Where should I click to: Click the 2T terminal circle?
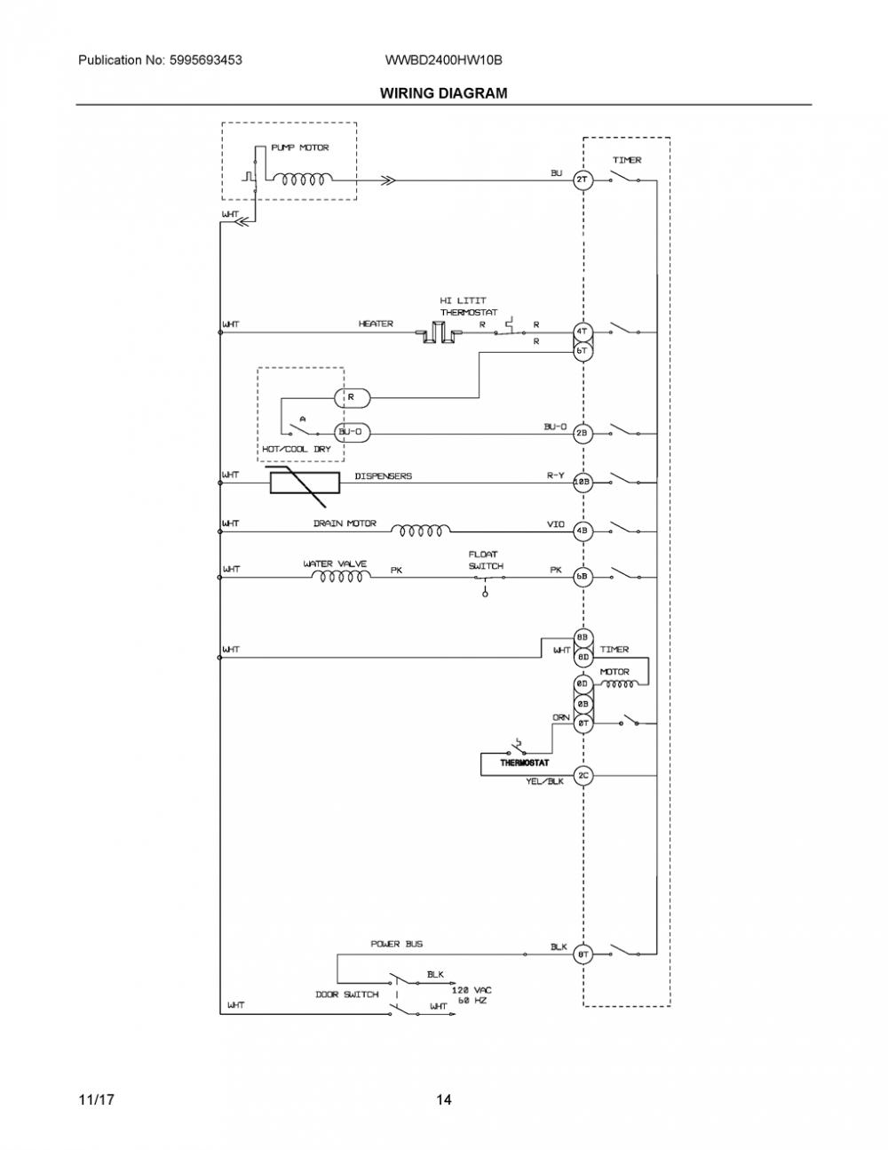tap(582, 180)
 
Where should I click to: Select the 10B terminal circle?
tap(582, 482)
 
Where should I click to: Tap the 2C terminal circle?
tap(583, 776)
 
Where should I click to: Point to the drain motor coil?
tap(421, 531)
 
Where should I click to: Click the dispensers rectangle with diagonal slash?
tap(305, 483)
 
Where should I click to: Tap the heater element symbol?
tap(439, 333)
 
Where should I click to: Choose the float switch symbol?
tap(486, 582)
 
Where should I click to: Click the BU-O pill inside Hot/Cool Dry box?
tap(352, 433)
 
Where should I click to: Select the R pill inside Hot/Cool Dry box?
tap(352, 397)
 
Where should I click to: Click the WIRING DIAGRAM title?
tap(443, 93)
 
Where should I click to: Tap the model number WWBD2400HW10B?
tap(443, 60)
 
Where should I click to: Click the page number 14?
tap(444, 1099)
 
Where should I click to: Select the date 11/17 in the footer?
tap(96, 1099)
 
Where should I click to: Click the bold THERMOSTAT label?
tap(524, 763)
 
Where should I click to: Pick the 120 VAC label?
tap(471, 990)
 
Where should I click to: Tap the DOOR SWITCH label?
tap(346, 994)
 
